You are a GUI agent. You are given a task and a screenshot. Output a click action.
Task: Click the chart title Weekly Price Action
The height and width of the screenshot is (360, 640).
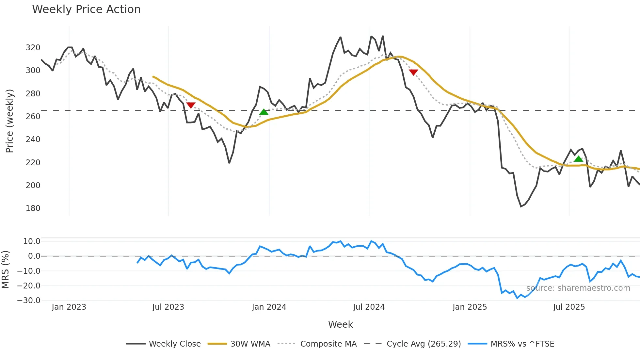click(86, 9)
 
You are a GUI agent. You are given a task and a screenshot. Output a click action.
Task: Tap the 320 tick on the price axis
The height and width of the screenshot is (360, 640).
click(33, 48)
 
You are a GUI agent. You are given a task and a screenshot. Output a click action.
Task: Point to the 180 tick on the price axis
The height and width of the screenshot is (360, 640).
click(33, 208)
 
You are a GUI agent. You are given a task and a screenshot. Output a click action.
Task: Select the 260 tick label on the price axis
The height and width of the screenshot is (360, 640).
click(33, 117)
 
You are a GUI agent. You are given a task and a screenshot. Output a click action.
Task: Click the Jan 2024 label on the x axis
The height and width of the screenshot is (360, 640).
click(269, 307)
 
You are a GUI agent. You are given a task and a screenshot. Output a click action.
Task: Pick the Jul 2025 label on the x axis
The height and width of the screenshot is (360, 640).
click(569, 307)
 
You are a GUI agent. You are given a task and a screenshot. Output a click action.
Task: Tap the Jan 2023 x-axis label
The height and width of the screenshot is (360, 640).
click(69, 307)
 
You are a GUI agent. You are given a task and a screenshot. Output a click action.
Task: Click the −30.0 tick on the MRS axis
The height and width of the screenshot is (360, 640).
click(29, 301)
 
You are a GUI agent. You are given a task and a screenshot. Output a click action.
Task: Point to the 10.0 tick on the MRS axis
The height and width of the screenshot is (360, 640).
click(32, 241)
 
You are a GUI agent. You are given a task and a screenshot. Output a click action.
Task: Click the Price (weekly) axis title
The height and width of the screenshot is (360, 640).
click(9, 121)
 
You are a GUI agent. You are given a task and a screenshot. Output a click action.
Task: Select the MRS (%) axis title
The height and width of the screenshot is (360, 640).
click(5, 270)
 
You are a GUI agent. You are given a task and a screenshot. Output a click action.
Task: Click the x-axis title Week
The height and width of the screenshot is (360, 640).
click(340, 324)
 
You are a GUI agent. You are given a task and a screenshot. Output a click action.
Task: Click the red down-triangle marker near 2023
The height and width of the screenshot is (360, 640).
click(191, 105)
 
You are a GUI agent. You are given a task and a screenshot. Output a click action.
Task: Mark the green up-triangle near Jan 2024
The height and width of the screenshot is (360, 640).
click(264, 112)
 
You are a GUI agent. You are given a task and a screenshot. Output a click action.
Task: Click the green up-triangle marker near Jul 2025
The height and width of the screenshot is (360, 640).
click(578, 159)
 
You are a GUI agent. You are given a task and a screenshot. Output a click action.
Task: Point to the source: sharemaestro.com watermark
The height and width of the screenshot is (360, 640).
click(578, 288)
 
